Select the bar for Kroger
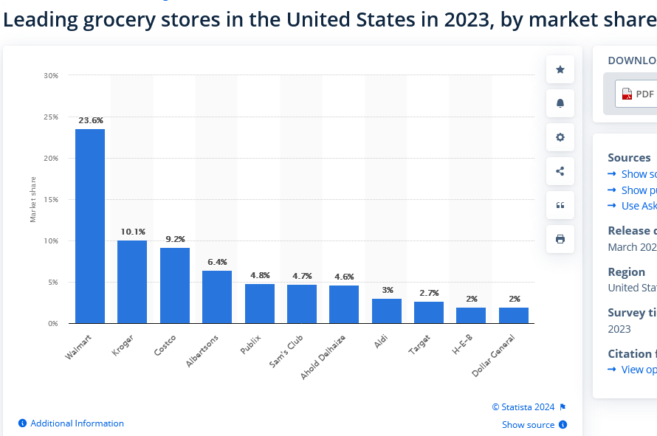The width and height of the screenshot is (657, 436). [132, 282]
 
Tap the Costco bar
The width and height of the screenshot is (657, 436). [175, 286]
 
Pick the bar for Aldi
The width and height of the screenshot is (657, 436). [387, 311]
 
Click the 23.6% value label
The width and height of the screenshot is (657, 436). [90, 120]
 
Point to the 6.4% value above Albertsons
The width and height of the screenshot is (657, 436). [217, 262]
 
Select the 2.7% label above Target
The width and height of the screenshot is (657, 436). [429, 293]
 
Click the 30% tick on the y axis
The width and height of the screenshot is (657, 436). [51, 75]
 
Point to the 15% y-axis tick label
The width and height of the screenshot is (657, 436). [51, 199]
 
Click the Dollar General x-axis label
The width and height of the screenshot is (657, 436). [493, 356]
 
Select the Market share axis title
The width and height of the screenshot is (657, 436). [33, 199]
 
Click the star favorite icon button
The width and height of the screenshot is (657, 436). [560, 69]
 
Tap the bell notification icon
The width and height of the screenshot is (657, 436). [560, 103]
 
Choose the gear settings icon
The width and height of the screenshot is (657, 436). [560, 137]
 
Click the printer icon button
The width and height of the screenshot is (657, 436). [560, 239]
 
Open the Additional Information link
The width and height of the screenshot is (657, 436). [77, 423]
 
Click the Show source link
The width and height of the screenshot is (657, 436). [528, 425]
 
